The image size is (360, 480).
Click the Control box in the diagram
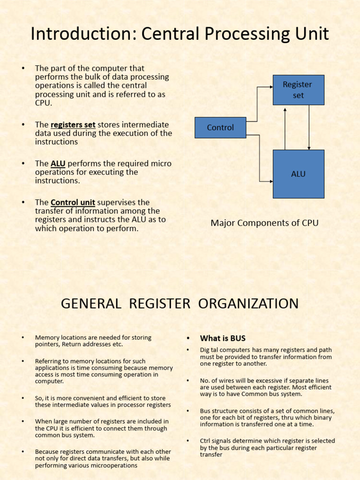(220, 127)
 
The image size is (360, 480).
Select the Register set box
(298, 90)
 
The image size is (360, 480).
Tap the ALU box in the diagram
(298, 174)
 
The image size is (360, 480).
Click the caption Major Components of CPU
(264, 223)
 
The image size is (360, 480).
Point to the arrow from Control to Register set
(257, 103)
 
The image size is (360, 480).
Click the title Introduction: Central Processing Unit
(180, 34)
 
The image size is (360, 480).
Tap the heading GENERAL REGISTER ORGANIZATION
(180, 304)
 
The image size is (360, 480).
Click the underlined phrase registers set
(73, 125)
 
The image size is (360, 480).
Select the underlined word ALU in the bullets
(58, 164)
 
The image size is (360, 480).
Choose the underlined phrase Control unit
(73, 202)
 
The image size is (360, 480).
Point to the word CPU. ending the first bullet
(44, 103)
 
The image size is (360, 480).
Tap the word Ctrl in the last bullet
(206, 441)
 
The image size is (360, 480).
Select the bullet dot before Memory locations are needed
(22, 337)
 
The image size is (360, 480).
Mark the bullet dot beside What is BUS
(187, 338)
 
